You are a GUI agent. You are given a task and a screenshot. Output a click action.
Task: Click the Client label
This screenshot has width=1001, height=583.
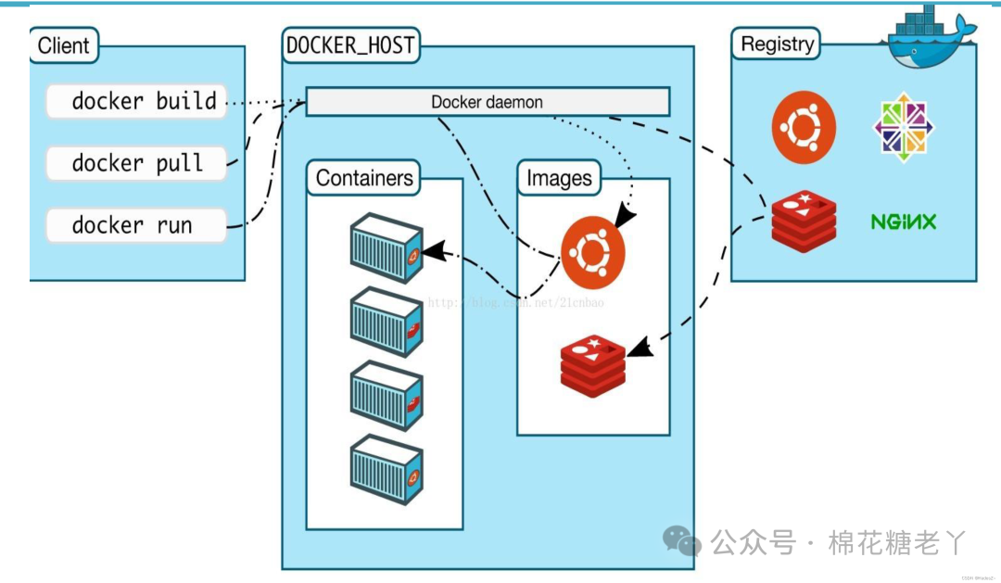coord(64,44)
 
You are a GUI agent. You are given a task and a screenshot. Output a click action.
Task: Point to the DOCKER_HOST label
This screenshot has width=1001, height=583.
coord(351,44)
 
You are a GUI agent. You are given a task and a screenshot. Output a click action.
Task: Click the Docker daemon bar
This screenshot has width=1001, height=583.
coord(488,102)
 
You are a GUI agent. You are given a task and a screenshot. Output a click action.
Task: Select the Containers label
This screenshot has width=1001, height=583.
coord(363,178)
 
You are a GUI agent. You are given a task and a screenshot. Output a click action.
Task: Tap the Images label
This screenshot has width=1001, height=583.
coord(559,178)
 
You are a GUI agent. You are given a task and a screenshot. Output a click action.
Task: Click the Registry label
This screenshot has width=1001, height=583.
coord(778,44)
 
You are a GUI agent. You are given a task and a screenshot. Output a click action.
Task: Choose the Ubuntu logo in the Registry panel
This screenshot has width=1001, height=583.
coord(804,128)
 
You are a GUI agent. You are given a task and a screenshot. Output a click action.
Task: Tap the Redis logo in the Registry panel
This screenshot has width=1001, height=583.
coord(804,221)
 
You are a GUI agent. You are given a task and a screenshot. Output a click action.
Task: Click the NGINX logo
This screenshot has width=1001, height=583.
coord(904,222)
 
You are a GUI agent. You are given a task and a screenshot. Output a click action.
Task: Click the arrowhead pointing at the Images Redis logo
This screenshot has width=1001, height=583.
coord(639,349)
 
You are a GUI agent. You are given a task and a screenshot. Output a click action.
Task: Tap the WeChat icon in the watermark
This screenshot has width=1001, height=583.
coord(681,540)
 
